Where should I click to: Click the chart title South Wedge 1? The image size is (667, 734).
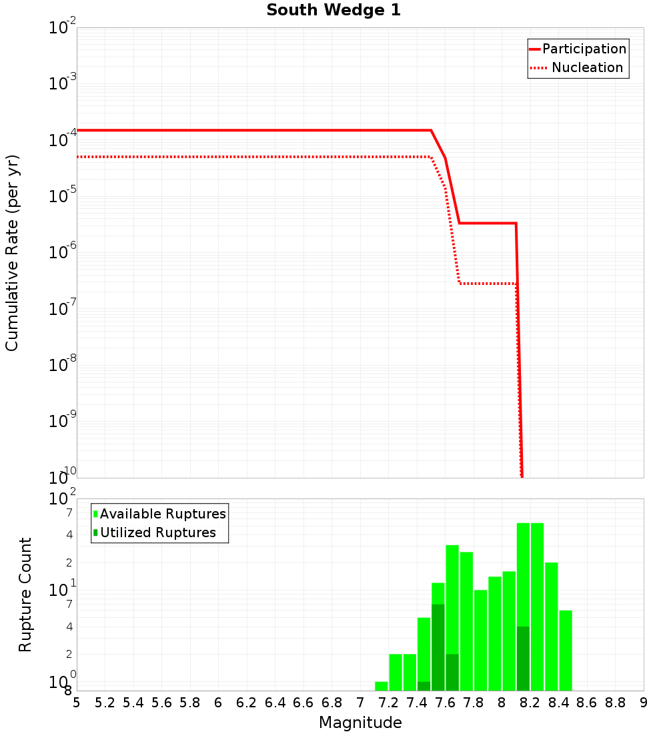pyautogui.click(x=333, y=11)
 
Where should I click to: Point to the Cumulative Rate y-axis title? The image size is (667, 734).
pyautogui.click(x=13, y=253)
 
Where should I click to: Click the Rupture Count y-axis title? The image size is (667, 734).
pyautogui.click(x=25, y=595)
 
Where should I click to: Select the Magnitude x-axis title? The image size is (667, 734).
pyautogui.click(x=360, y=723)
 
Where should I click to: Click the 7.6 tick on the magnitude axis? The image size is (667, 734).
pyautogui.click(x=445, y=703)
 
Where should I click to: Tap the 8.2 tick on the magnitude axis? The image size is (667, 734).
pyautogui.click(x=530, y=703)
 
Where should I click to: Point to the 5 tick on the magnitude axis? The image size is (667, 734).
pyautogui.click(x=77, y=703)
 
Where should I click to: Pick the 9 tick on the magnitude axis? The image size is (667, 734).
pyautogui.click(x=644, y=703)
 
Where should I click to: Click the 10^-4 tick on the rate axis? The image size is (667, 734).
pyautogui.click(x=63, y=140)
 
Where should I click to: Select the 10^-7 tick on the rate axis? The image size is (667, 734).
pyautogui.click(x=63, y=309)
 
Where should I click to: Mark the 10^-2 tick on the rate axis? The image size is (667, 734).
pyautogui.click(x=63, y=28)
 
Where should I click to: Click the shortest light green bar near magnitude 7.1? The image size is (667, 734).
pyautogui.click(x=382, y=686)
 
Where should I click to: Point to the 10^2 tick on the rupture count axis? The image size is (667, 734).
pyautogui.click(x=63, y=499)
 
